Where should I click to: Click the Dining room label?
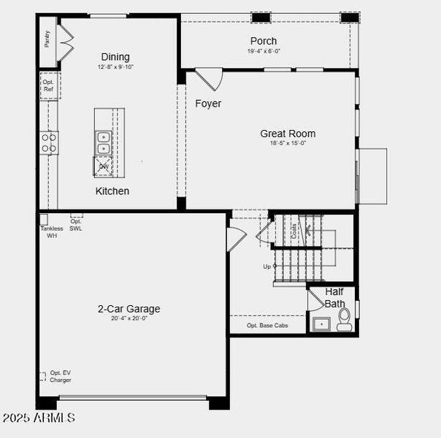click(x=115, y=57)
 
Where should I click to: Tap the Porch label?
click(x=264, y=41)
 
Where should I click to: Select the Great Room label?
click(x=288, y=134)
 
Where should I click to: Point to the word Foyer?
click(x=208, y=104)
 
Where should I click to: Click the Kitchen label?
click(x=112, y=191)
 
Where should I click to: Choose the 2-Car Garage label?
click(x=129, y=309)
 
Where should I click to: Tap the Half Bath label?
click(x=334, y=298)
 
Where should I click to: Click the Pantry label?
click(x=47, y=39)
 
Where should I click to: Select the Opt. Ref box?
click(x=48, y=85)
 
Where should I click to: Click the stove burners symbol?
click(x=49, y=143)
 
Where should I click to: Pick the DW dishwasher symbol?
click(x=104, y=166)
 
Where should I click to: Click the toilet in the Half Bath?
click(x=344, y=319)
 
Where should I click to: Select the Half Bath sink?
click(x=321, y=323)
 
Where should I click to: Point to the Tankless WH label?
click(x=51, y=232)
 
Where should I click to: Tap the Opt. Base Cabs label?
click(x=266, y=326)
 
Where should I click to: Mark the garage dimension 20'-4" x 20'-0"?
click(x=129, y=319)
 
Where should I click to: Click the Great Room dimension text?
click(x=288, y=144)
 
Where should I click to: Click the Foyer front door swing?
click(x=208, y=77)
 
